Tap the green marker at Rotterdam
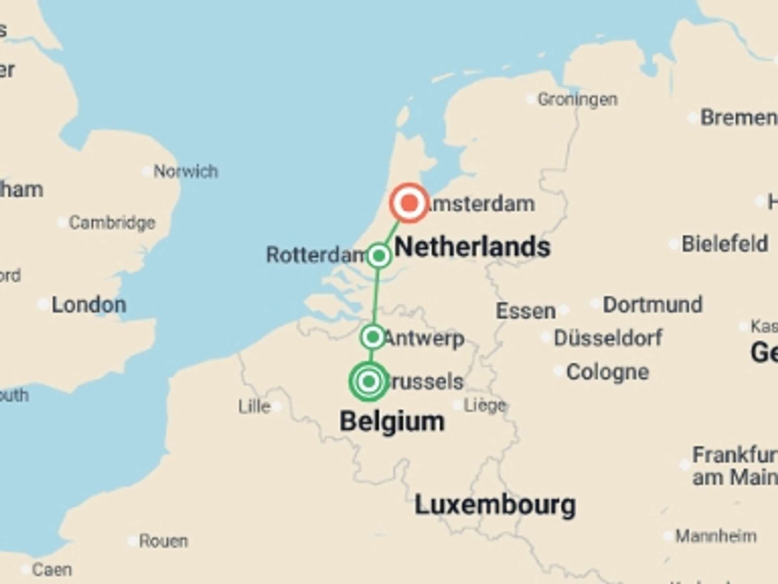click(x=379, y=256)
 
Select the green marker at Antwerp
click(x=372, y=337)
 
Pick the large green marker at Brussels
click(x=368, y=381)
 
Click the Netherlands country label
click(x=472, y=247)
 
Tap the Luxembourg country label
click(x=495, y=505)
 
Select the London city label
click(x=89, y=305)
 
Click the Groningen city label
click(x=577, y=99)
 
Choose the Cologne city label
click(x=607, y=372)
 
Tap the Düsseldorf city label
click(x=608, y=338)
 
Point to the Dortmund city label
click(x=652, y=305)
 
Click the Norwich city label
click(x=186, y=172)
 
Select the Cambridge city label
click(x=112, y=223)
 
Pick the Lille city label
click(x=254, y=406)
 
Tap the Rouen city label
click(x=163, y=541)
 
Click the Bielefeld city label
click(x=725, y=244)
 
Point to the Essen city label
click(x=526, y=311)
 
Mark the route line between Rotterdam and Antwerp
click(x=376, y=296)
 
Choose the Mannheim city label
click(x=716, y=536)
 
